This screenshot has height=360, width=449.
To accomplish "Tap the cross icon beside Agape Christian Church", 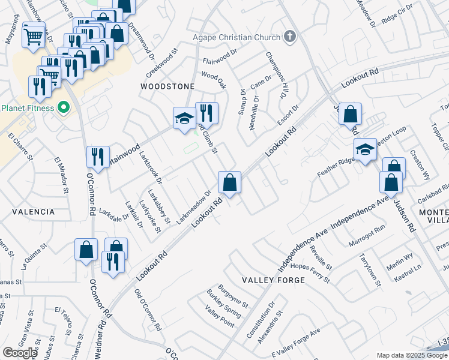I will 289,37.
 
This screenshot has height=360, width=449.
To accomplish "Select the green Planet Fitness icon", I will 63,109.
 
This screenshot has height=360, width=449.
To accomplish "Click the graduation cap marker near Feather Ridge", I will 364,149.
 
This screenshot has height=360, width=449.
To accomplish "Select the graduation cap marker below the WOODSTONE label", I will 184,118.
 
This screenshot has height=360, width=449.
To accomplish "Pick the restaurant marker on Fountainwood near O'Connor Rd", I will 97,157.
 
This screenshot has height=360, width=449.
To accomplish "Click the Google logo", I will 19,353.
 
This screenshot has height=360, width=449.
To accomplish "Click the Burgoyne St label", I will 232,296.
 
